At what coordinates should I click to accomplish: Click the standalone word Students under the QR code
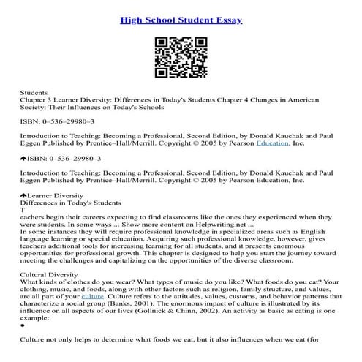(x=34, y=94)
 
